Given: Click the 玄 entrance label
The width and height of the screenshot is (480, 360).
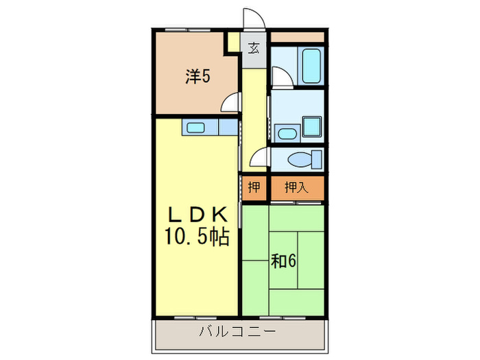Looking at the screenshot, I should (254, 48).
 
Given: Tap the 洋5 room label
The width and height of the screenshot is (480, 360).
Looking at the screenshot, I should (197, 77).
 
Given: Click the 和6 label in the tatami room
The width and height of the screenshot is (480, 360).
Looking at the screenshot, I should (283, 261).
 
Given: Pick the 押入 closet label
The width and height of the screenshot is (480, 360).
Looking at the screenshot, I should (296, 187).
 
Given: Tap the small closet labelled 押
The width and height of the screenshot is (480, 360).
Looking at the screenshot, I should (254, 187).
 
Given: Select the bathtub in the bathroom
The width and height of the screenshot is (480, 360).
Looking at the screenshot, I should (311, 65).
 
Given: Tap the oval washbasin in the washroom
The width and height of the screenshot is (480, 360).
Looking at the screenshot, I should (287, 133).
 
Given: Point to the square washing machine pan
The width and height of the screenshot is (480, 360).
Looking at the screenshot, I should (313, 126).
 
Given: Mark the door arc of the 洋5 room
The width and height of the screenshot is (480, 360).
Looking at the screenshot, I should (231, 104).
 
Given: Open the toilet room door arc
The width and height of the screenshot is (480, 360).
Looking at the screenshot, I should (259, 159).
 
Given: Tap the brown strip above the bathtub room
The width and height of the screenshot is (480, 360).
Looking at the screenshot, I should (297, 36).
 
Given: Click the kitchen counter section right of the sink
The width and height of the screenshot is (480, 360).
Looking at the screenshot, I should (228, 128).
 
